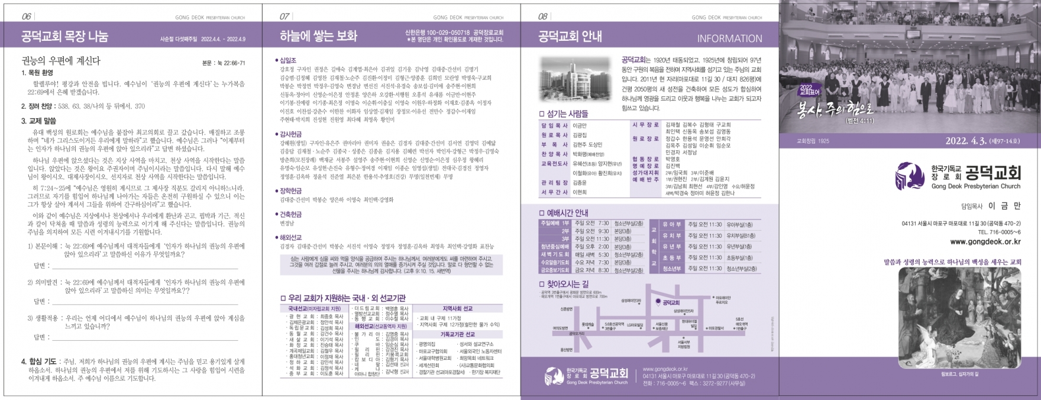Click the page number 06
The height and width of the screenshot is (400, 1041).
[27, 17]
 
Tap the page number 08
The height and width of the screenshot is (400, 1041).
[542, 17]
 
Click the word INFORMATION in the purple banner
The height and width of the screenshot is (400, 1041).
[729, 38]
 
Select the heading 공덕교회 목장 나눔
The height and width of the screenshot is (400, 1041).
[64, 37]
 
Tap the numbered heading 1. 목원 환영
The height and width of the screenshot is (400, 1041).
[37, 73]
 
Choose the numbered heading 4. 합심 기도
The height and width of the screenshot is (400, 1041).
[39, 361]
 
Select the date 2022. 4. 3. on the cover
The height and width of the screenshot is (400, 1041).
[965, 141]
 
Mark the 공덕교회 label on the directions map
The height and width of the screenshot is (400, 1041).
[671, 303]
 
